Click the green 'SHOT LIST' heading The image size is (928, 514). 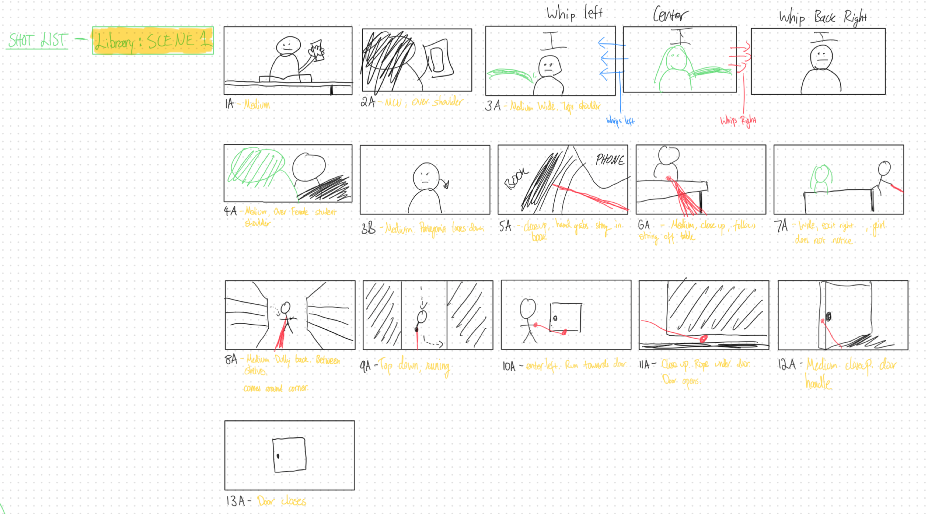(x=38, y=40)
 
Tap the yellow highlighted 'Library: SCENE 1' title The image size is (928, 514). (x=153, y=41)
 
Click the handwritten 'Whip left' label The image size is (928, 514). (x=574, y=14)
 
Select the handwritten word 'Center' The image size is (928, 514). (x=670, y=14)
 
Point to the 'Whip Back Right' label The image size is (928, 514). (x=822, y=17)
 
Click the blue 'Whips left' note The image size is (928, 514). (x=620, y=121)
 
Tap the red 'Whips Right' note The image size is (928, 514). (x=738, y=120)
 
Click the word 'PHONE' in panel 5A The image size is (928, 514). (x=610, y=160)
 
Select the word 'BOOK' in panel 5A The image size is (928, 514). (x=516, y=178)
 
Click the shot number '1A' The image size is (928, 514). (x=229, y=104)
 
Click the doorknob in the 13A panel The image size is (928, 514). (x=278, y=456)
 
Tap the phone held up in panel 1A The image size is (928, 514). (x=317, y=50)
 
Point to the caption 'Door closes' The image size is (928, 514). (x=282, y=501)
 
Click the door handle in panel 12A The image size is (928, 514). (x=828, y=317)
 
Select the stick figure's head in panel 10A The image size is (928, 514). (x=528, y=308)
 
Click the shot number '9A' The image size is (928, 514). (x=365, y=367)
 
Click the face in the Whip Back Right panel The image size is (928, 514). (x=821, y=56)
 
